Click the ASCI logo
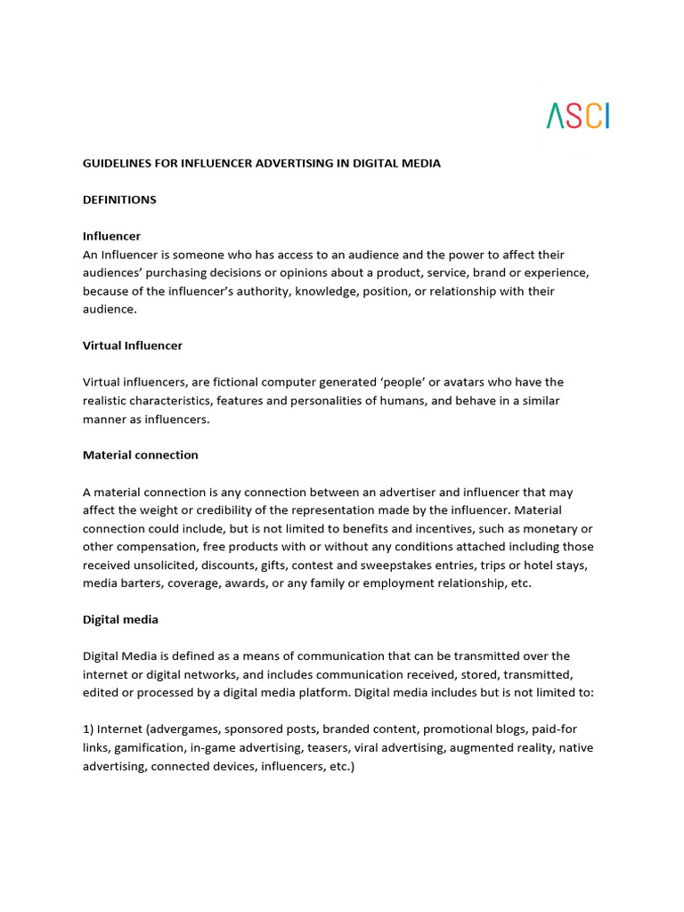coord(578,116)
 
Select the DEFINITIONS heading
coord(119,199)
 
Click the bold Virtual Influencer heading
coord(133,345)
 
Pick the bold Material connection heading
coord(141,454)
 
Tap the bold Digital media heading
coord(120,618)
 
